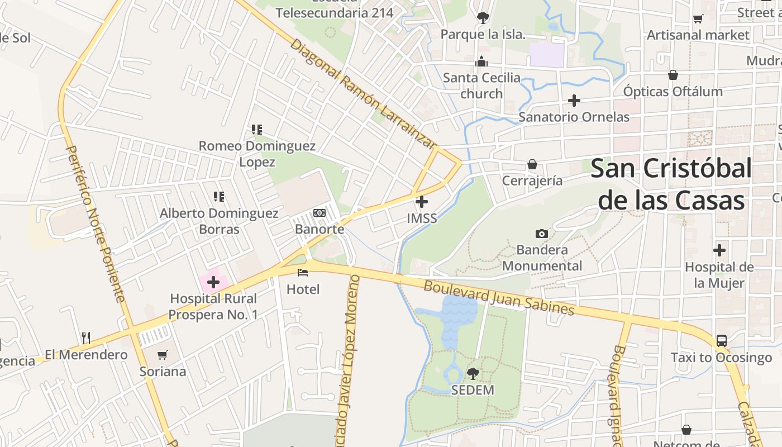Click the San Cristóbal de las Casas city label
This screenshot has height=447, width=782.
tap(671, 184)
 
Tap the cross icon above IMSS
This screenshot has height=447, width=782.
tap(422, 201)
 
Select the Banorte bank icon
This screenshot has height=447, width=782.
tap(320, 213)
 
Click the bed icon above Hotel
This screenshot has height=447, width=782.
tap(303, 273)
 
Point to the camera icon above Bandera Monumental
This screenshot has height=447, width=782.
tap(541, 234)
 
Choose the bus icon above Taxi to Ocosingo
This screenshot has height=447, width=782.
tap(721, 340)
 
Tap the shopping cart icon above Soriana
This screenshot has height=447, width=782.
tap(163, 355)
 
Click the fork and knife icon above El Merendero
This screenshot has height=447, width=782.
tap(86, 337)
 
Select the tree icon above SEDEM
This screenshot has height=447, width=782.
tap(473, 373)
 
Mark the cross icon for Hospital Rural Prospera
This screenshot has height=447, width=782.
tap(213, 282)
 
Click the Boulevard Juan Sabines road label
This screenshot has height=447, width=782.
tap(499, 297)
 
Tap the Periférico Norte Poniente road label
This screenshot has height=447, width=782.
tap(96, 223)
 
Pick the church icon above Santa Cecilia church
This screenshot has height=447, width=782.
tap(481, 61)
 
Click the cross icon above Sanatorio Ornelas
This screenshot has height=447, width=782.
tap(574, 101)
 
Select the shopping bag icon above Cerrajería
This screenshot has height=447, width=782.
tap(532, 164)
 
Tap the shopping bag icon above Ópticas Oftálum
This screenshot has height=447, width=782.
tap(673, 75)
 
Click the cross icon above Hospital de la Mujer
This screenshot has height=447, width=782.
tap(719, 250)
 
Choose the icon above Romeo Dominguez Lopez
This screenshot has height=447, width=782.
tap(257, 130)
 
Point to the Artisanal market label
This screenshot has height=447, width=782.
tap(698, 35)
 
